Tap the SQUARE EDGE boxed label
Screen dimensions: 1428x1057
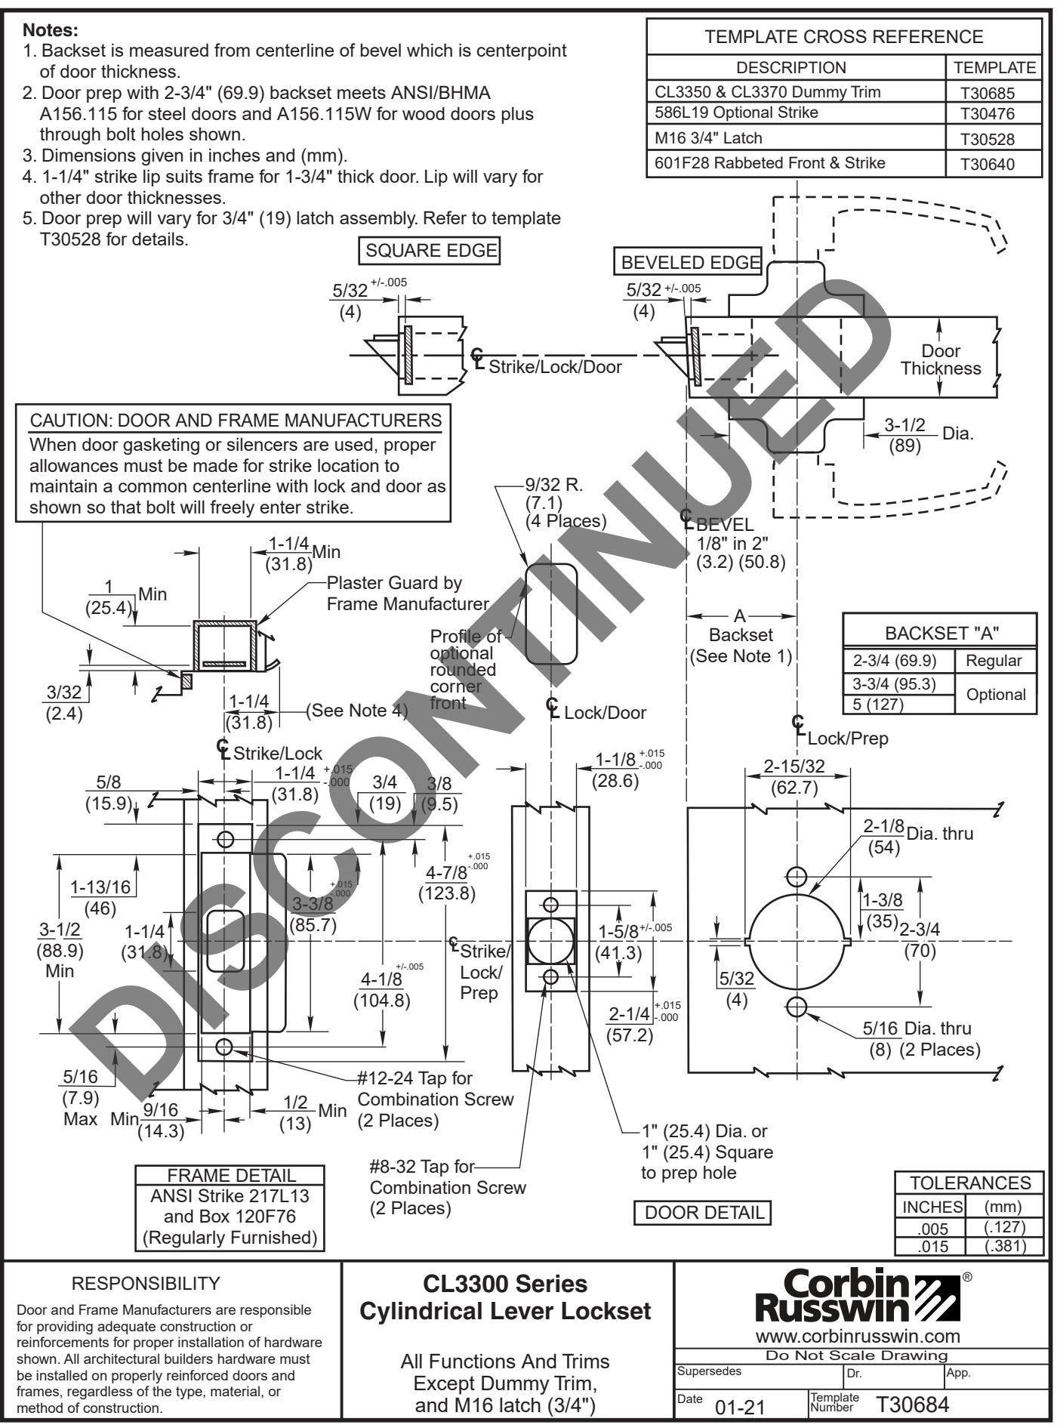(431, 250)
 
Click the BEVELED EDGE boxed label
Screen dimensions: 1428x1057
(689, 263)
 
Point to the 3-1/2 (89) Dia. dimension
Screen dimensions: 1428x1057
(904, 437)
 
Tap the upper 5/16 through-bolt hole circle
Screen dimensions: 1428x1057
(796, 876)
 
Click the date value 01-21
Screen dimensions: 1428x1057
(741, 1407)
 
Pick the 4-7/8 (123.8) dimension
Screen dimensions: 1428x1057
(447, 883)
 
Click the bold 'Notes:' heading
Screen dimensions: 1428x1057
(51, 31)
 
